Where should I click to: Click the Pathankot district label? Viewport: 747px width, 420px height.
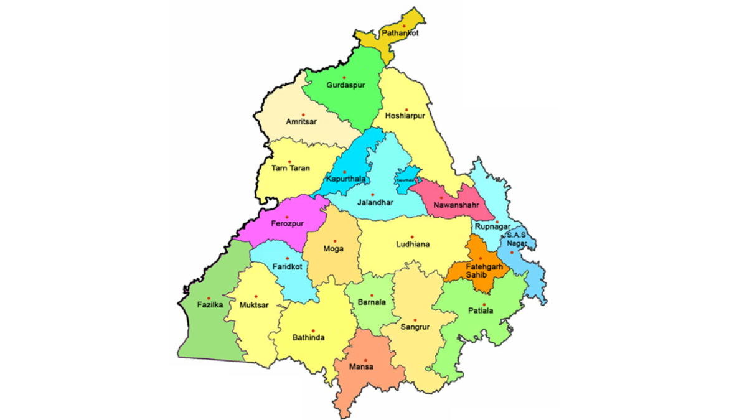(401, 34)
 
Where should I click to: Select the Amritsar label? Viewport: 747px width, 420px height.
(301, 122)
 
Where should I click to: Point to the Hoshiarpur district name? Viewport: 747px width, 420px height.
(405, 116)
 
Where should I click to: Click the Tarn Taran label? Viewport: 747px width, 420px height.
(291, 168)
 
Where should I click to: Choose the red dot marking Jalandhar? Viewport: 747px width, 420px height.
(373, 195)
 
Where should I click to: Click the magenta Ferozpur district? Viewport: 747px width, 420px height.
(286, 223)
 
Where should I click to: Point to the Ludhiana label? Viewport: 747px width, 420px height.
(413, 245)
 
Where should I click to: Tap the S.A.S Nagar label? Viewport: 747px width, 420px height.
(516, 239)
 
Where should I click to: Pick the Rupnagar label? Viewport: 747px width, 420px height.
(492, 226)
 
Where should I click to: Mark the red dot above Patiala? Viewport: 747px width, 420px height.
(484, 304)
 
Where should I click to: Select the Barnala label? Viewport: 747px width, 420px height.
(372, 303)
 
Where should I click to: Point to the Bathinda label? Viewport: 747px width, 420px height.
(309, 338)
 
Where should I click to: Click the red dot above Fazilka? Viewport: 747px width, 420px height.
(209, 298)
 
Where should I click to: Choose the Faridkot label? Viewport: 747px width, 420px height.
(287, 266)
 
